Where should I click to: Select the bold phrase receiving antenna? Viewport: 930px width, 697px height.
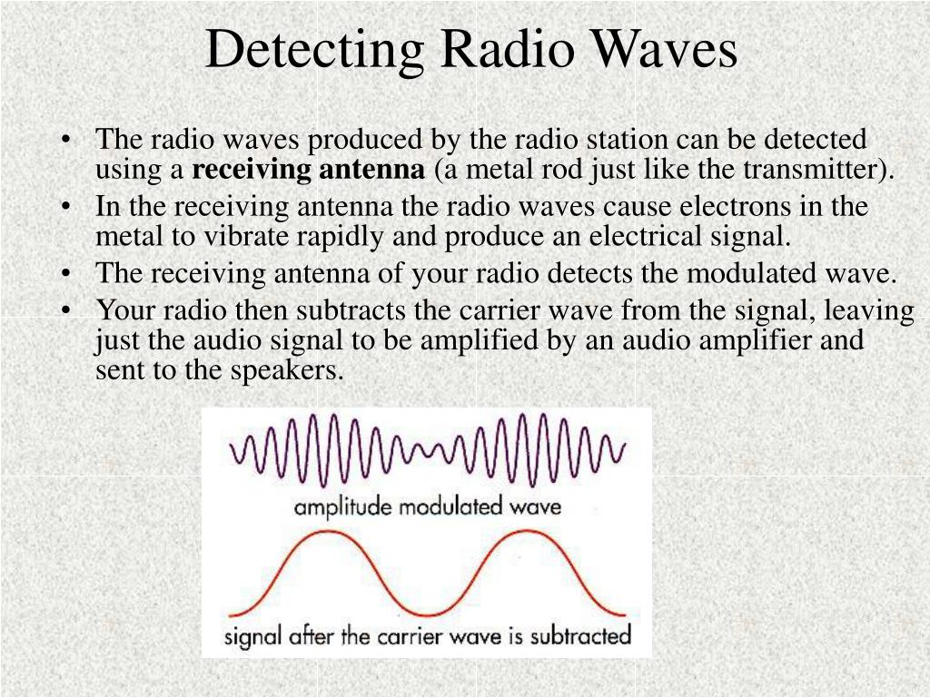point(309,170)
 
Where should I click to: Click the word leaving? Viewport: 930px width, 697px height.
point(870,311)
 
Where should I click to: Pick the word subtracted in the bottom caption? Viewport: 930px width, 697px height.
point(579,634)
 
